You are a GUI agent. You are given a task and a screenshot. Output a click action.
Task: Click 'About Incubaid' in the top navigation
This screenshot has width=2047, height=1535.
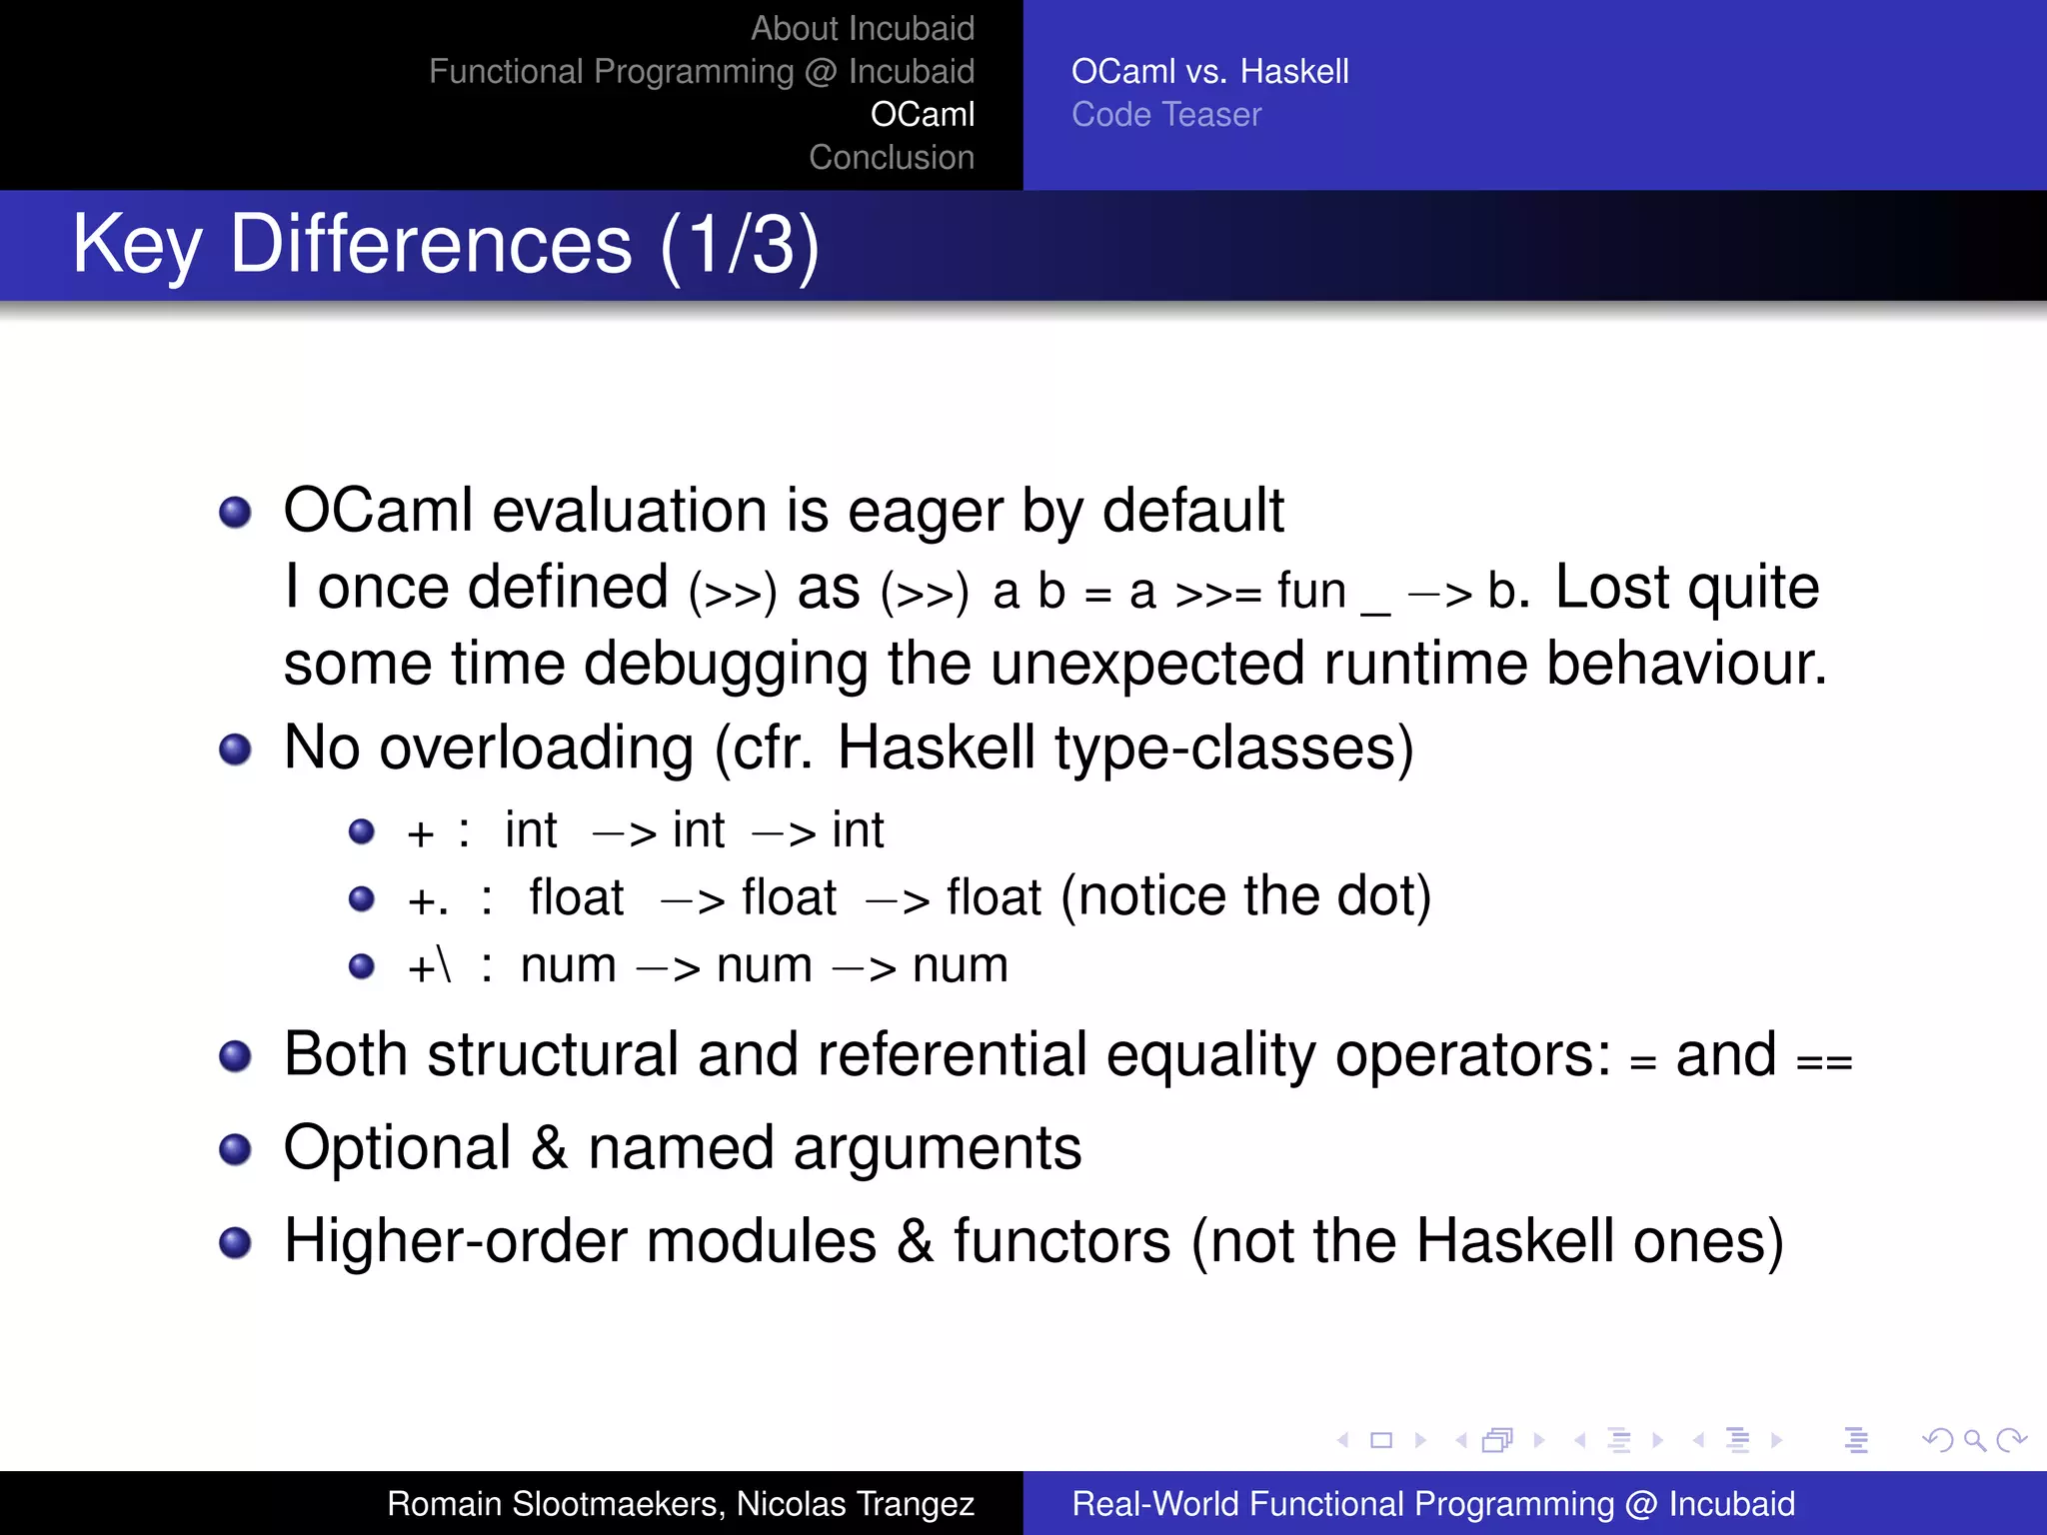(x=862, y=28)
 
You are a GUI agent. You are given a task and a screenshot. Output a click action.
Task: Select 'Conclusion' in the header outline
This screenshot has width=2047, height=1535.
(x=891, y=157)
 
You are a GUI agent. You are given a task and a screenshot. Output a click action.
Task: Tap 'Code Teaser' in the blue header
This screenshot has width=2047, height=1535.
(x=1165, y=114)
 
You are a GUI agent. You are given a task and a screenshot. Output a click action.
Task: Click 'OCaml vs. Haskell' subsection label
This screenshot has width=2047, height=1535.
(x=1209, y=71)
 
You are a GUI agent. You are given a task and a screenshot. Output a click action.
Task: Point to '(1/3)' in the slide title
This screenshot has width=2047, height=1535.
(x=740, y=245)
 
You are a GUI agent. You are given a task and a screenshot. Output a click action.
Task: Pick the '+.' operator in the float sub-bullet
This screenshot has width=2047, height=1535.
(x=428, y=900)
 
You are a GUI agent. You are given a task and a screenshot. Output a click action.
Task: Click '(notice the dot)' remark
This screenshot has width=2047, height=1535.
(x=1245, y=896)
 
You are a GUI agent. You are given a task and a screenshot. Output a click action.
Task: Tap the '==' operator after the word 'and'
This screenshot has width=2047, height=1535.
(x=1823, y=1061)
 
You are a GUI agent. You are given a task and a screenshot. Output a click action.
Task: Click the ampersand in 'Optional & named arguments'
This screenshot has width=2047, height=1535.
(x=549, y=1148)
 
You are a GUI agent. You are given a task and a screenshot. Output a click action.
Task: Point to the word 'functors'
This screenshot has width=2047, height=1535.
(x=1061, y=1241)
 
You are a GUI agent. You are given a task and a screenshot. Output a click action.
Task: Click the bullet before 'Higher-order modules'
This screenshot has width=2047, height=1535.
(x=235, y=1242)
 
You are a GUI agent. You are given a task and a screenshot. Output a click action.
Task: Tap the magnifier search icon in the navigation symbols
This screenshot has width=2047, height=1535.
(x=1974, y=1440)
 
